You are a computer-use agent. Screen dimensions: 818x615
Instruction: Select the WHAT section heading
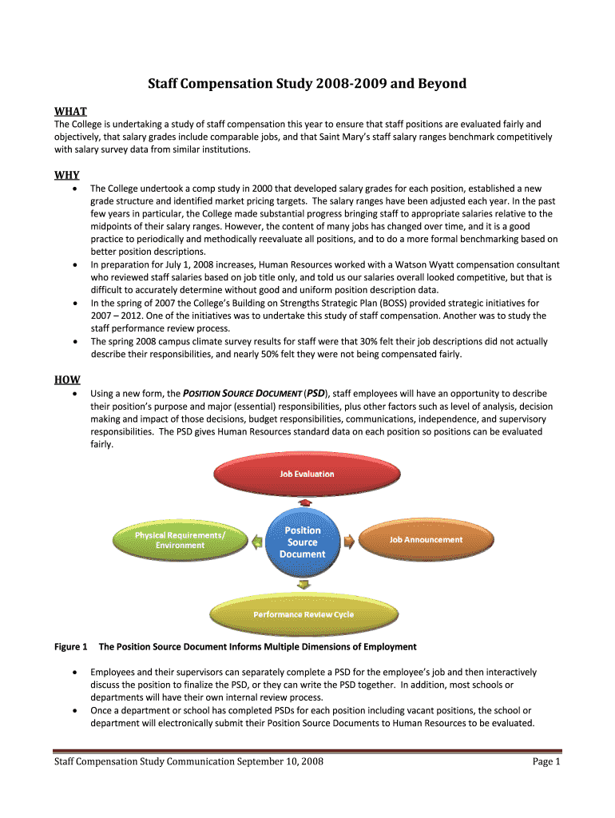pos(70,111)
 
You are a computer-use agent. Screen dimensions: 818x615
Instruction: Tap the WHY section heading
pos(67,175)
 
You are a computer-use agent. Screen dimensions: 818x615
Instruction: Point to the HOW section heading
pos(67,380)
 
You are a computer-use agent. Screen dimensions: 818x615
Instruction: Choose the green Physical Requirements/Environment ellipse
pos(180,540)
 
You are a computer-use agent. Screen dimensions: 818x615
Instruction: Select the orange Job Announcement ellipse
pos(426,539)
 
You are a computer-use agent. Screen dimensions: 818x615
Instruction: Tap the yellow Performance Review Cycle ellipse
pos(304,614)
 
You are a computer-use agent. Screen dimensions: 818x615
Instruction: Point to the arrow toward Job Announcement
pos(349,542)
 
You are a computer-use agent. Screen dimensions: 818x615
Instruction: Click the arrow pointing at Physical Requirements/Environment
pos(256,542)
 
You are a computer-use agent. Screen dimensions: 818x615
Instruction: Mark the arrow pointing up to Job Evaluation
pos(304,502)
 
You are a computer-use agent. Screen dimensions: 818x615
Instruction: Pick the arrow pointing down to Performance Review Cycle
pos(303,585)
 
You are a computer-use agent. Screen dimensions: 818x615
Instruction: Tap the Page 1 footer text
pos(547,763)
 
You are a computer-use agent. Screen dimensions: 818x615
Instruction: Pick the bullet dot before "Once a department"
pos(74,710)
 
